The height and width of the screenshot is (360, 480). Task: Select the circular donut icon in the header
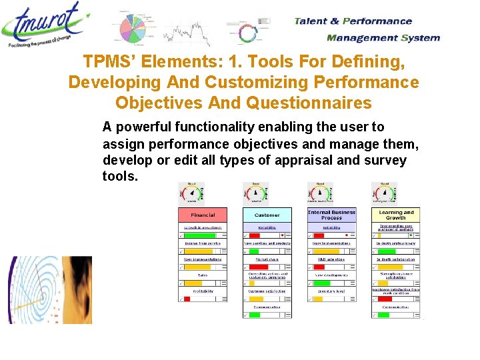(x=248, y=33)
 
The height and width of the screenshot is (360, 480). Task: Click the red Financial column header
(x=203, y=215)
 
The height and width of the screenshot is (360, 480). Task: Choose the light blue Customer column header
(x=267, y=215)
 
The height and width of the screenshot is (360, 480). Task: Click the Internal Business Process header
(x=331, y=215)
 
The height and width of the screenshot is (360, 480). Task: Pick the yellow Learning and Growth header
(x=395, y=215)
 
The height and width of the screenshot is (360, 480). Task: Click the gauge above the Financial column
(x=191, y=193)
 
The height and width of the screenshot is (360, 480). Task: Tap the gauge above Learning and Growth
(x=384, y=193)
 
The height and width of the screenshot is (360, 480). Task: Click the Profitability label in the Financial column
(x=203, y=291)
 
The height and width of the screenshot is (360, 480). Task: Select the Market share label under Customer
(x=267, y=259)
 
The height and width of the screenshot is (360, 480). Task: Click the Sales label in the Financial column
(x=203, y=275)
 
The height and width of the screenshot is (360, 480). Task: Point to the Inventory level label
(x=331, y=291)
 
